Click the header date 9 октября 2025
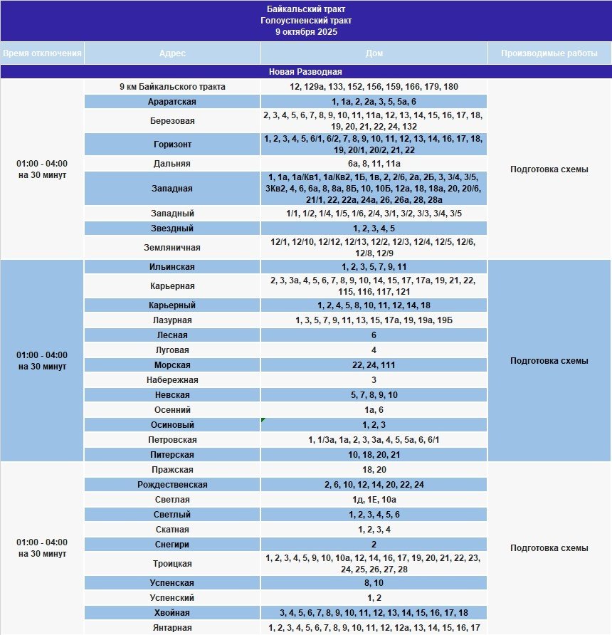tap(306, 32)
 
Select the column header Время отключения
tap(42, 53)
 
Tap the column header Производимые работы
tap(549, 53)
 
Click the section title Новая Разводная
tap(306, 72)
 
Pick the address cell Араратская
tap(172, 102)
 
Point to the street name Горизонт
tap(172, 145)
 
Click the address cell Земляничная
tap(172, 248)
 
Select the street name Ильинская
tap(172, 267)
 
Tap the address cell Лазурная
tap(172, 320)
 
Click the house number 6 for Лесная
tap(374, 335)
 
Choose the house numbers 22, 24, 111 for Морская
tap(374, 365)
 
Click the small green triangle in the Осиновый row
tap(264, 421)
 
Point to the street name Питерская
tap(172, 454)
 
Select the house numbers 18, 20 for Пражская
tap(374, 470)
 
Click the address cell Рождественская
tap(172, 485)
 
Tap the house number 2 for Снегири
tap(374, 545)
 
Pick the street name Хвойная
tap(172, 613)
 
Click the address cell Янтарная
tap(172, 628)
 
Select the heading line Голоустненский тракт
tap(306, 21)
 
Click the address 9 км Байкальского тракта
tap(172, 87)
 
